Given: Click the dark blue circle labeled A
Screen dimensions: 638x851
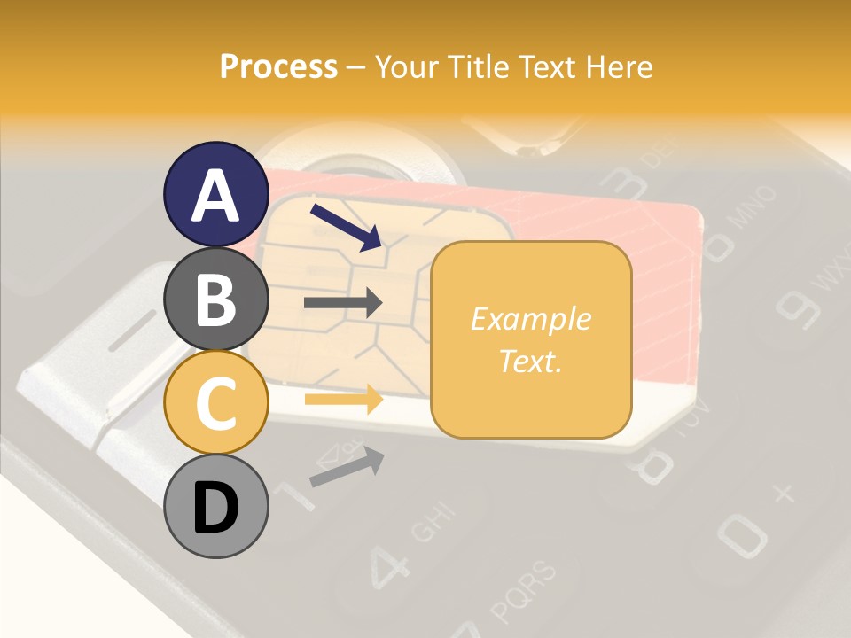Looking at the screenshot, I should pyautogui.click(x=215, y=194).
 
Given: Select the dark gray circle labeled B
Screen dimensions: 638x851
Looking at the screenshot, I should pyautogui.click(x=215, y=299).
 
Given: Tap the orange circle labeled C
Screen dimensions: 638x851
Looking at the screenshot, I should pyautogui.click(x=215, y=402).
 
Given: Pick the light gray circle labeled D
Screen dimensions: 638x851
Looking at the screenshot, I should pyautogui.click(x=215, y=507).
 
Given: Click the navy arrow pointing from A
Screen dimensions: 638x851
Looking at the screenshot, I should pyautogui.click(x=346, y=227).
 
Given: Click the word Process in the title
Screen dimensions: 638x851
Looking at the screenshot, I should pyautogui.click(x=278, y=66).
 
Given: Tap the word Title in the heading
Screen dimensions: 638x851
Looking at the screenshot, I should pyautogui.click(x=478, y=66).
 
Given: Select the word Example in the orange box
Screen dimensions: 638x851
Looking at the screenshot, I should pyautogui.click(x=530, y=319).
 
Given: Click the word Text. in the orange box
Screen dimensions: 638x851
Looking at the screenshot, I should pyautogui.click(x=530, y=361).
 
